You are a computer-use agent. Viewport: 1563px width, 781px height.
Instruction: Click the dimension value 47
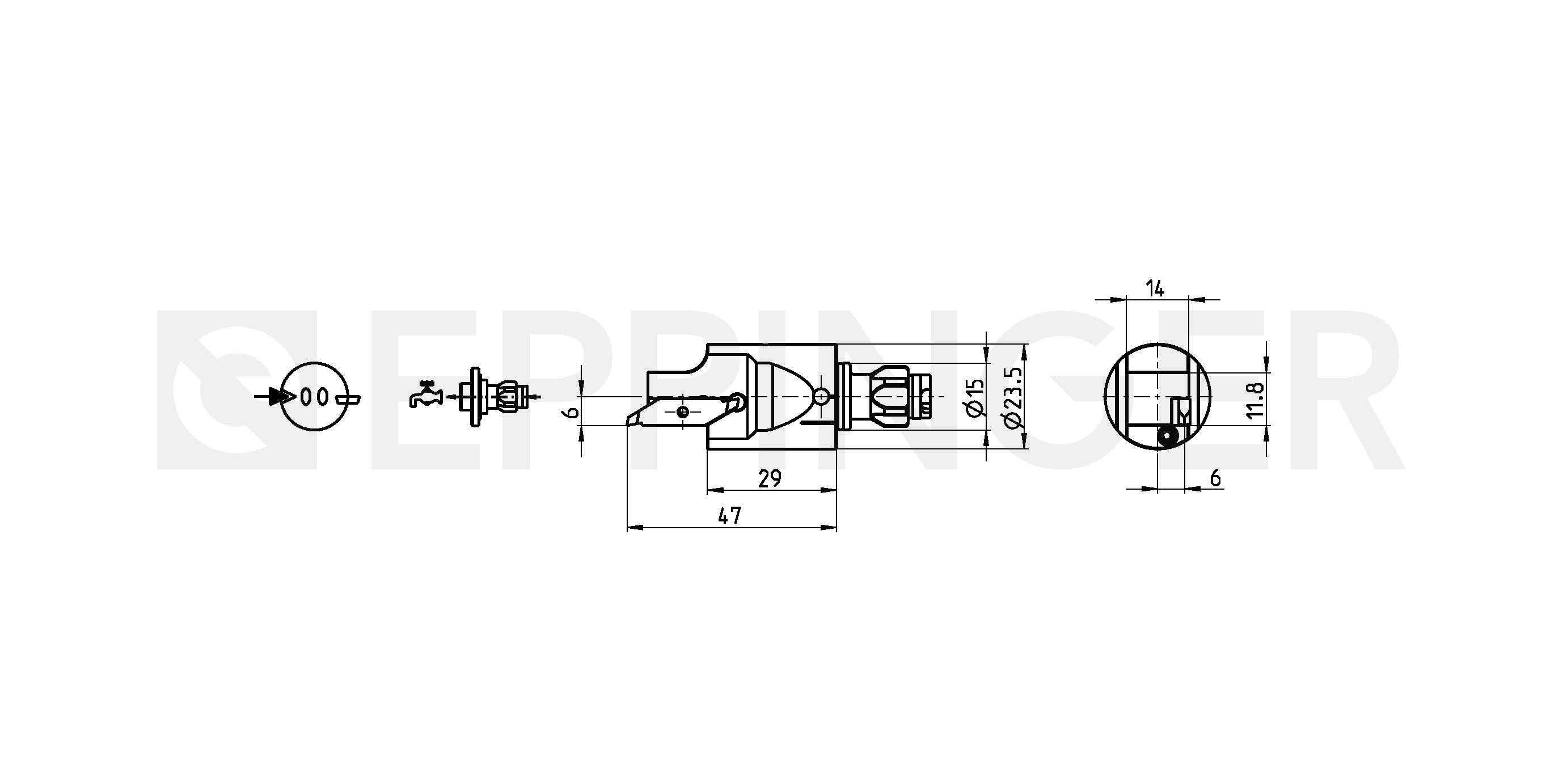(730, 516)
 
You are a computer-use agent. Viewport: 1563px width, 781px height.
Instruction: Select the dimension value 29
(770, 479)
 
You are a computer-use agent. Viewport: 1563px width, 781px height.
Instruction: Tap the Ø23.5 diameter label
(1013, 397)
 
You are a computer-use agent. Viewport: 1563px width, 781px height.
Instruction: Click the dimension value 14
(1155, 288)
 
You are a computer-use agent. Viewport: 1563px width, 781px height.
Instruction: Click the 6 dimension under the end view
(1215, 478)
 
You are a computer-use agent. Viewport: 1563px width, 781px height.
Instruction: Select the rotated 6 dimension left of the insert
(571, 413)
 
